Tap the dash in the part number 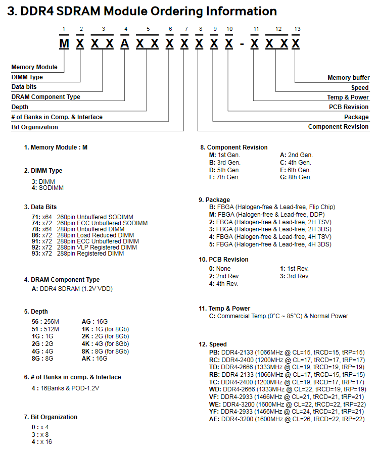click(x=242, y=44)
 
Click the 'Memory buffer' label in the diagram click(x=349, y=78)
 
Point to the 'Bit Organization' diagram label click(x=35, y=127)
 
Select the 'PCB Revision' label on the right click(x=349, y=107)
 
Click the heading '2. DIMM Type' click(x=43, y=171)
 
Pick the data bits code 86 click(x=35, y=235)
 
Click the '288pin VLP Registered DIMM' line click(x=97, y=247)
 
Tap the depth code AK click(x=86, y=358)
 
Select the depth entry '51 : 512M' click(x=45, y=329)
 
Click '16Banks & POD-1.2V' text click(x=70, y=388)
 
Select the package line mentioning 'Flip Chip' click(x=272, y=207)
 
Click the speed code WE click(x=214, y=405)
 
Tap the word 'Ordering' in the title click(x=166, y=12)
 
